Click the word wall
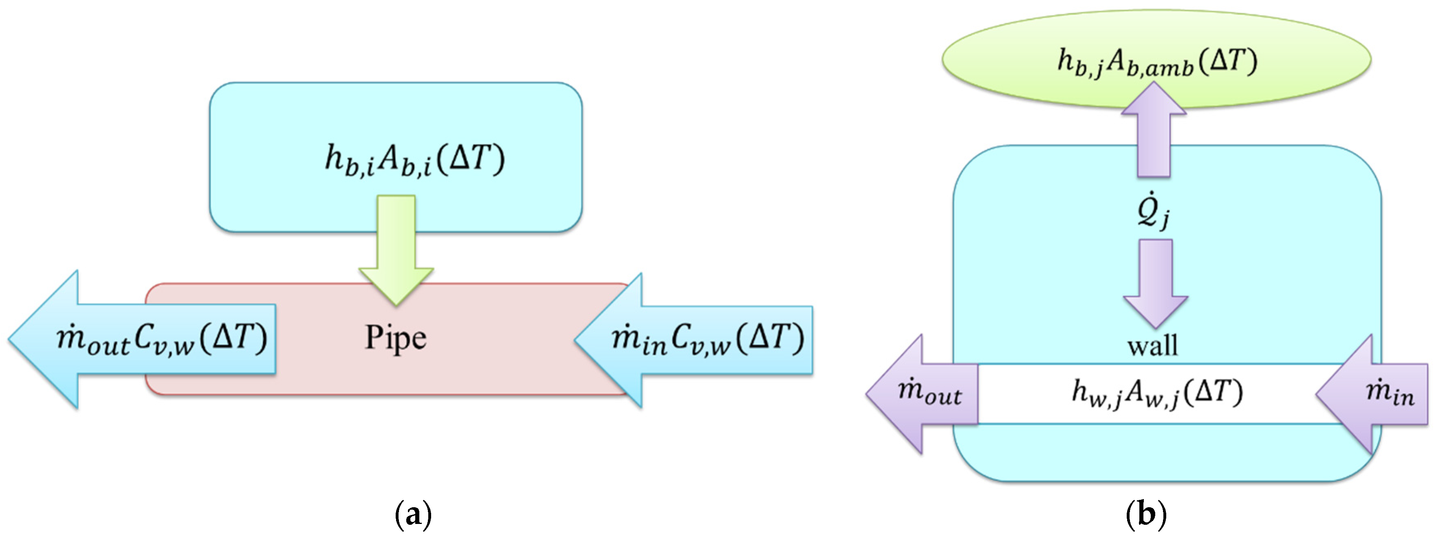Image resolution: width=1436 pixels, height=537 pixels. (x=1153, y=346)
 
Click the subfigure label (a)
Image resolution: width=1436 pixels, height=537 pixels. (x=413, y=514)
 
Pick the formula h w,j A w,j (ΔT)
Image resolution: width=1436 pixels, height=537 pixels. (x=1157, y=393)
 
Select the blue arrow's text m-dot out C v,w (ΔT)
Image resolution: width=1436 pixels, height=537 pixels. (x=162, y=338)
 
